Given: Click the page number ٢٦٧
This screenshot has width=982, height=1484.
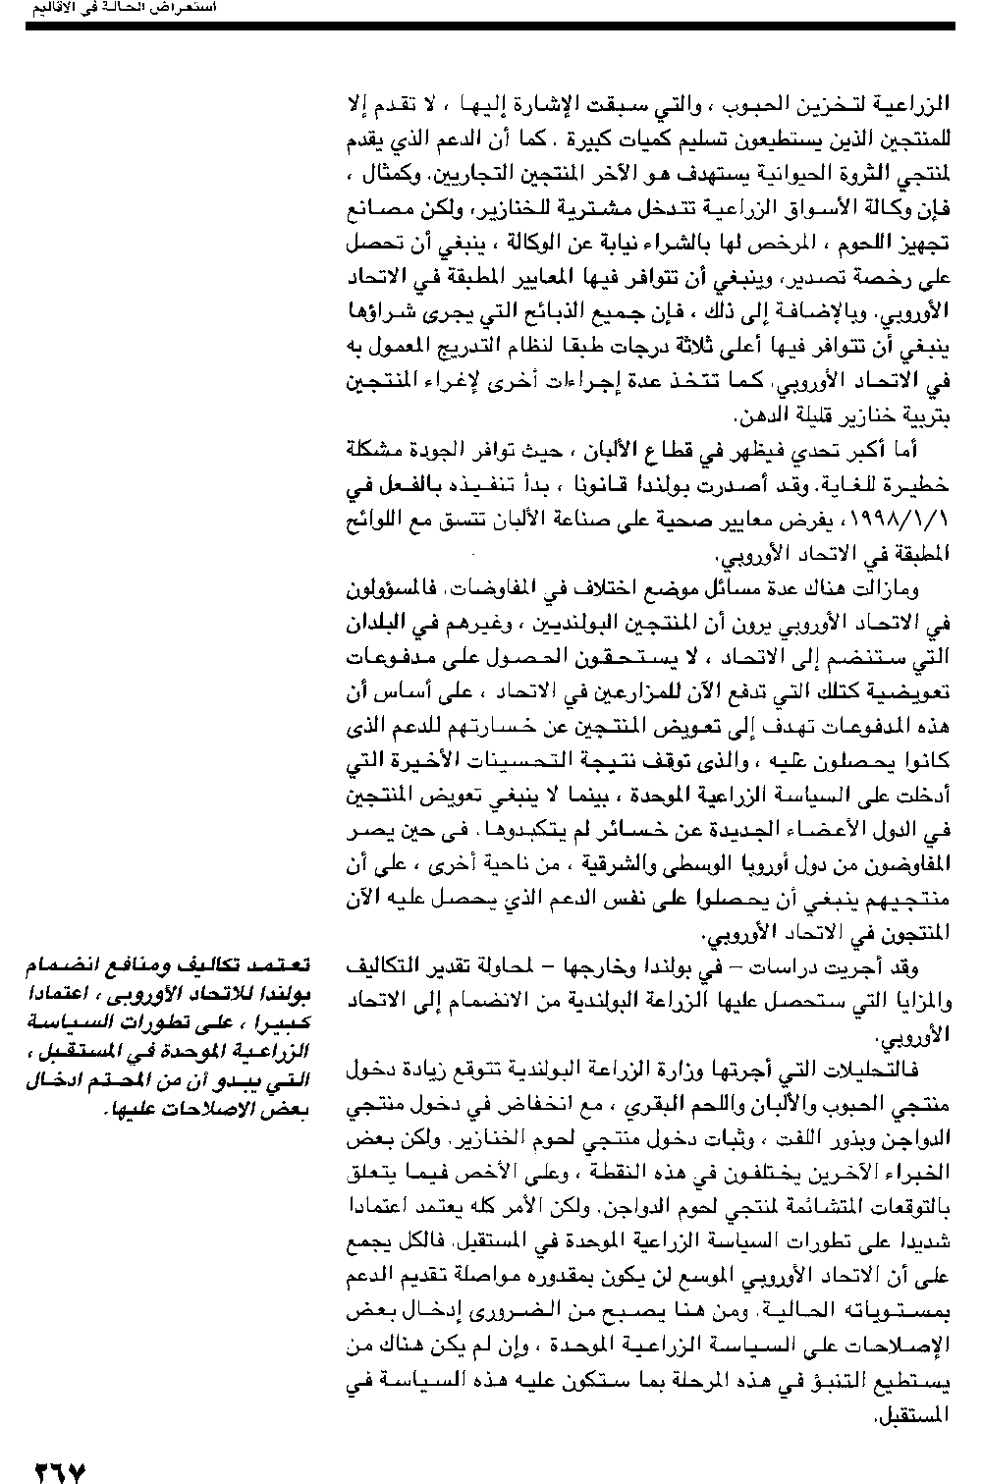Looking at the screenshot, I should click(x=60, y=1470).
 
